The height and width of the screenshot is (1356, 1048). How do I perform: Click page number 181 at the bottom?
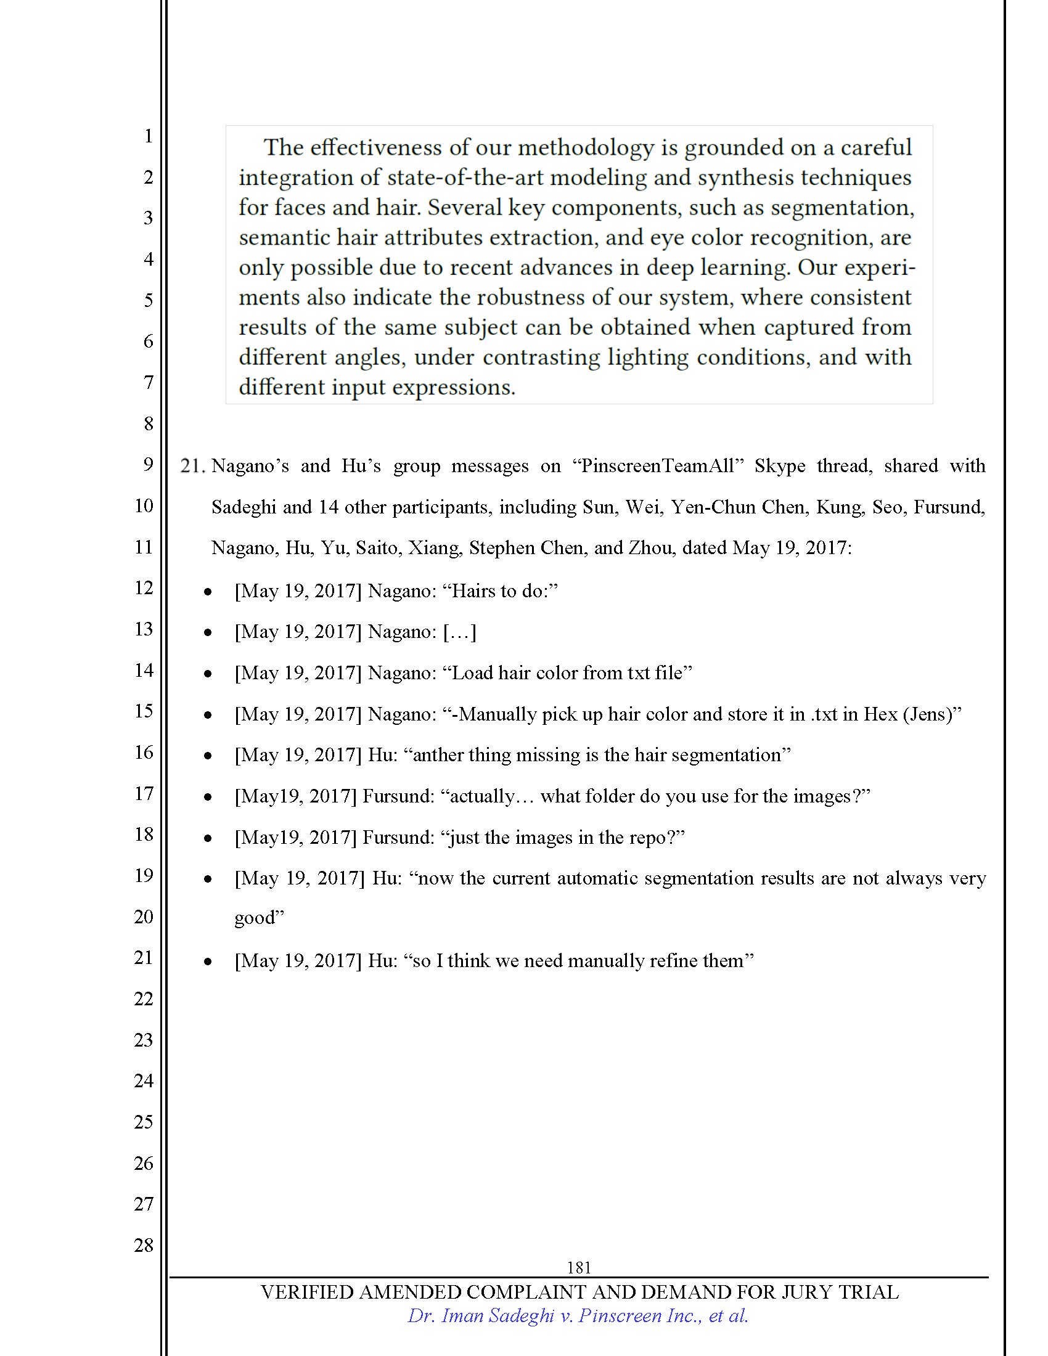click(578, 1267)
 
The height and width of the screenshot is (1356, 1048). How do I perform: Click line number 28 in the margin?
click(144, 1245)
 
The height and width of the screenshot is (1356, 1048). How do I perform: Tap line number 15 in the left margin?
click(144, 711)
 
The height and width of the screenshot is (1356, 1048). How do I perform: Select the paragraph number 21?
click(192, 465)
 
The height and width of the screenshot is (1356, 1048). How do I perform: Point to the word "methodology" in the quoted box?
click(586, 148)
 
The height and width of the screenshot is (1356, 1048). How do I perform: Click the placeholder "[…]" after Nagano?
click(459, 632)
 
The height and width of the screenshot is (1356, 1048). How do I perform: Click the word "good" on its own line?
click(255, 918)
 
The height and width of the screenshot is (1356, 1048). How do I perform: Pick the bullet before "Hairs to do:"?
click(208, 592)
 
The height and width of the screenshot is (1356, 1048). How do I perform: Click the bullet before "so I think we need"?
click(208, 962)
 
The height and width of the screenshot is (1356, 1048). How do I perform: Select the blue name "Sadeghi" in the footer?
click(521, 1316)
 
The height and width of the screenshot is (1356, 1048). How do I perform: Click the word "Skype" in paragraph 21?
click(779, 465)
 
